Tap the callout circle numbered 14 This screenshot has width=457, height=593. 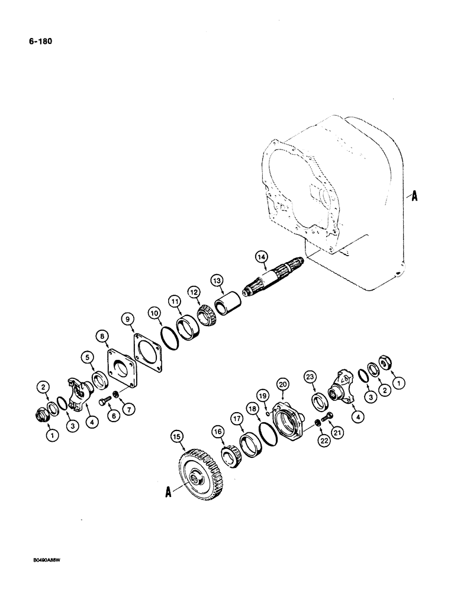pos(261,257)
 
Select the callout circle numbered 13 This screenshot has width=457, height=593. pos(217,280)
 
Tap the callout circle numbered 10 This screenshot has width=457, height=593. pos(154,312)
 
